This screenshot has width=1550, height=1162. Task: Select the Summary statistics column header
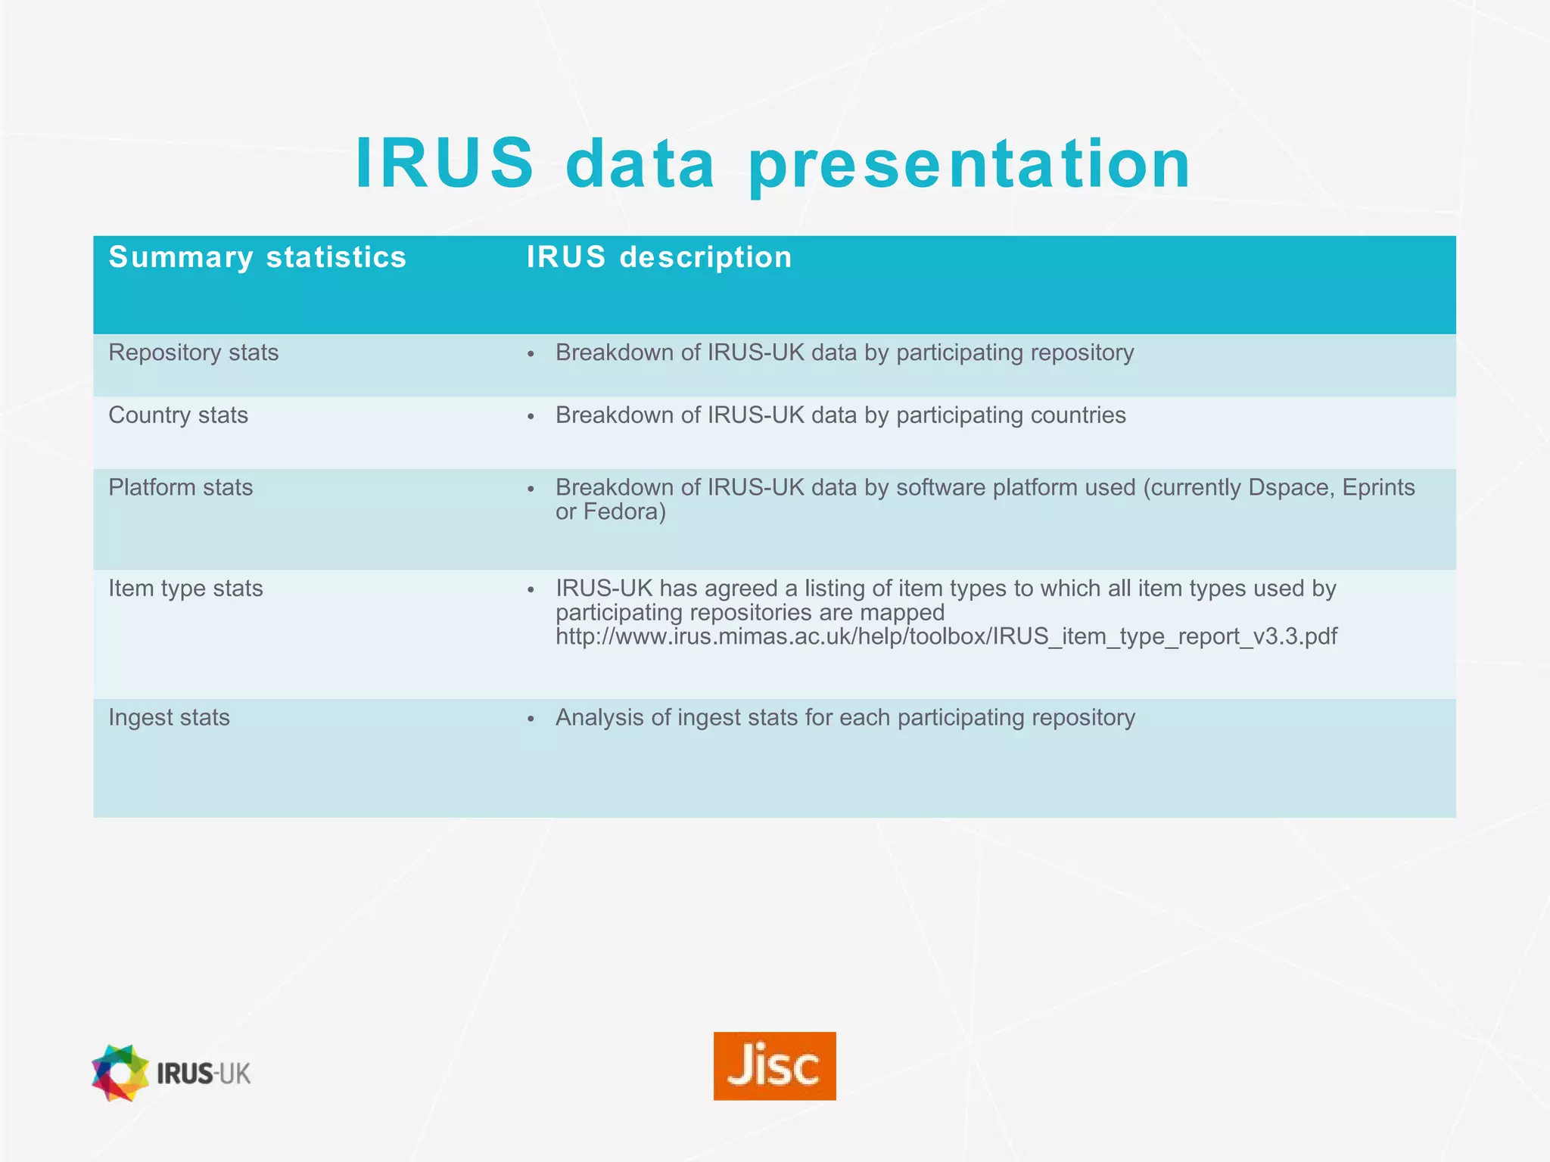257,257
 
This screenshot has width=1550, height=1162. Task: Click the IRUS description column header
659,257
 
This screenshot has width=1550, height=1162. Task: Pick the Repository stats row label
193,353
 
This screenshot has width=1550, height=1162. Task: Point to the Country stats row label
178,415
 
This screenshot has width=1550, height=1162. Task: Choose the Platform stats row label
180,487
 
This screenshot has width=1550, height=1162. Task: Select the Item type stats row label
185,589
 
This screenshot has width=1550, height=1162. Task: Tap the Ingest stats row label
169,717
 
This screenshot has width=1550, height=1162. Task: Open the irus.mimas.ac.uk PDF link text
946,636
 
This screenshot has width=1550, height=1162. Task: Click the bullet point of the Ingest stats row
531,719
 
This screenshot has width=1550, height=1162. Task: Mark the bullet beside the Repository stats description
531,354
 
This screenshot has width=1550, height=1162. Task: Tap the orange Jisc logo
774,1065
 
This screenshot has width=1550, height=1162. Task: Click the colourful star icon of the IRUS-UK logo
120,1073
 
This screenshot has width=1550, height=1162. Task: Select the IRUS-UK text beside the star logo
204,1073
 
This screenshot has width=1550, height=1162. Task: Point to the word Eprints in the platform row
1378,487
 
